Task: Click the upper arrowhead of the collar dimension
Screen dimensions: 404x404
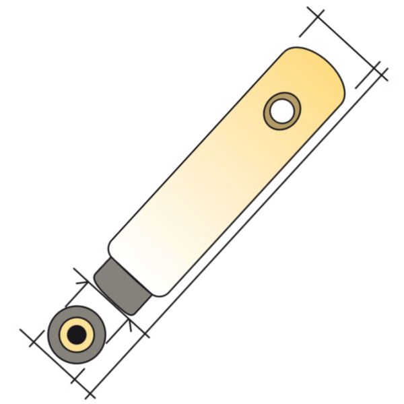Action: pos(81,278)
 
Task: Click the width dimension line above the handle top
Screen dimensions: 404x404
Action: pos(340,40)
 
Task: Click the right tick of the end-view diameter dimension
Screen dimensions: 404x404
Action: pos(84,389)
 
